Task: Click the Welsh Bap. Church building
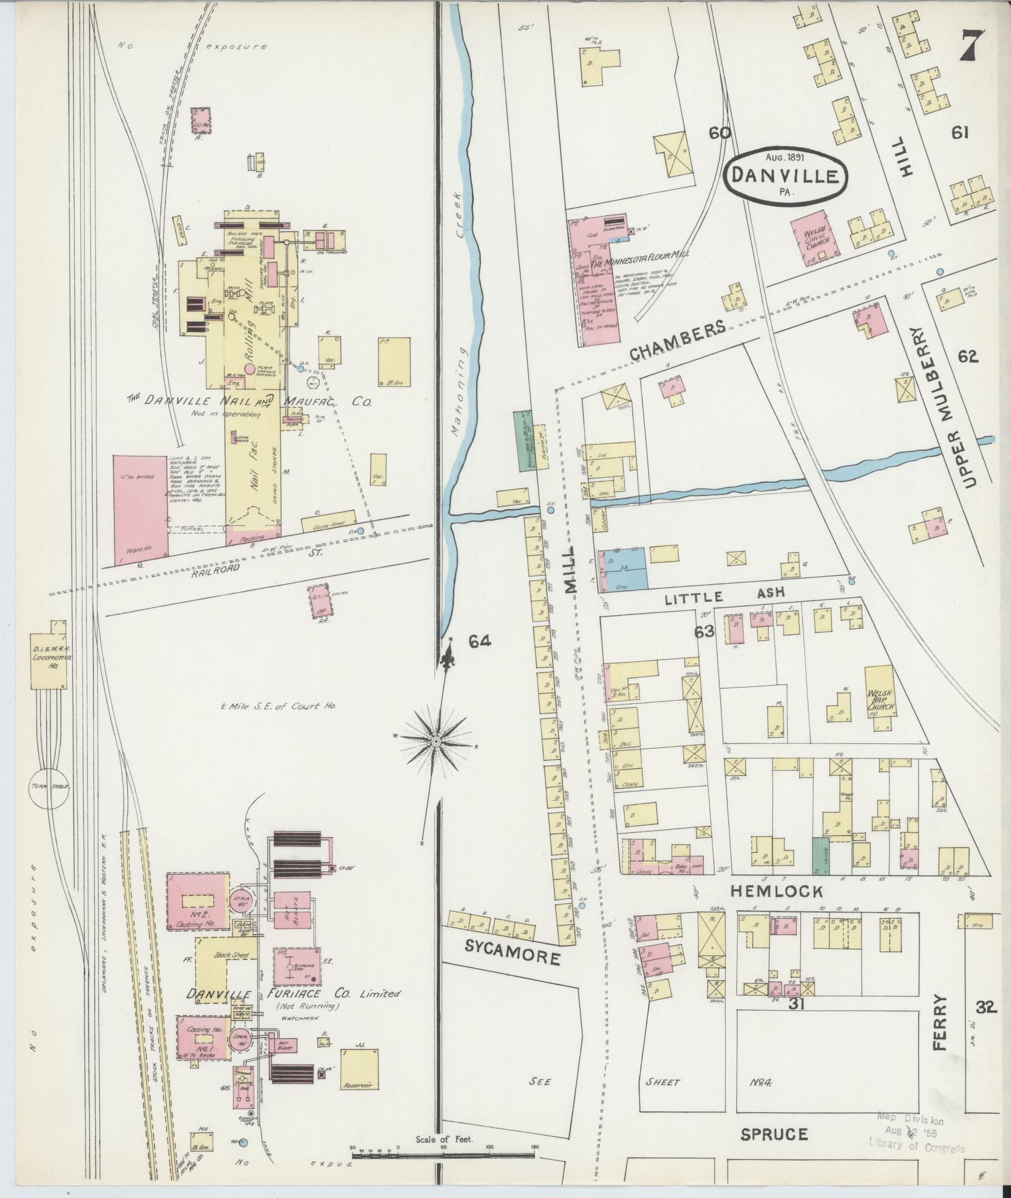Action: click(x=880, y=698)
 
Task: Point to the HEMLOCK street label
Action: click(x=778, y=891)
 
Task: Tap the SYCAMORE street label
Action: click(x=513, y=957)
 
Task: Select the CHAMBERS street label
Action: click(x=677, y=341)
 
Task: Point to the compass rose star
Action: click(x=434, y=741)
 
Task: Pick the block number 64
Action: click(x=479, y=641)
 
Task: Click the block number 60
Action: click(x=720, y=133)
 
